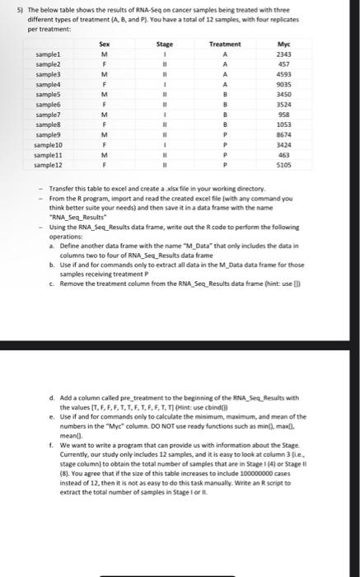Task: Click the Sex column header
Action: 105,43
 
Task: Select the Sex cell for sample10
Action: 105,144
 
